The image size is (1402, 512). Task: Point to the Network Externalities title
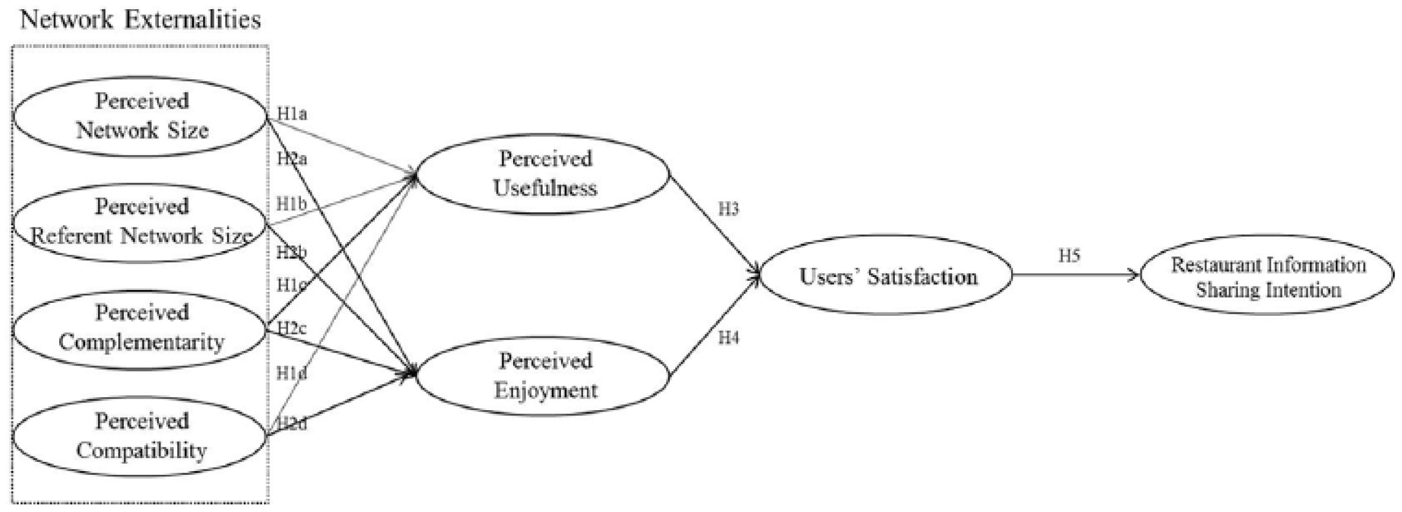click(x=141, y=20)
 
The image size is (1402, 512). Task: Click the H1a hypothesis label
click(x=292, y=114)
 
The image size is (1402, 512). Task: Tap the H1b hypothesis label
click(x=292, y=204)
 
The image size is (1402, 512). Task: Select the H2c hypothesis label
click(x=292, y=328)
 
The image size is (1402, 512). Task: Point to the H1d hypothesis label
click(x=292, y=373)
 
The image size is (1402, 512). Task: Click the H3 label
click(x=728, y=209)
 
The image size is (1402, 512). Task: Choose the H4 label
click(x=728, y=338)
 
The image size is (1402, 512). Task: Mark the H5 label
click(x=1069, y=255)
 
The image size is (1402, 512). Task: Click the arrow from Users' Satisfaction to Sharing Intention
click(x=1076, y=275)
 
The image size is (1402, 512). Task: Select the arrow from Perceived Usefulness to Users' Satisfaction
click(x=715, y=225)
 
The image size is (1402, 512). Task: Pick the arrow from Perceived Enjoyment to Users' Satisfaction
click(x=715, y=326)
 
